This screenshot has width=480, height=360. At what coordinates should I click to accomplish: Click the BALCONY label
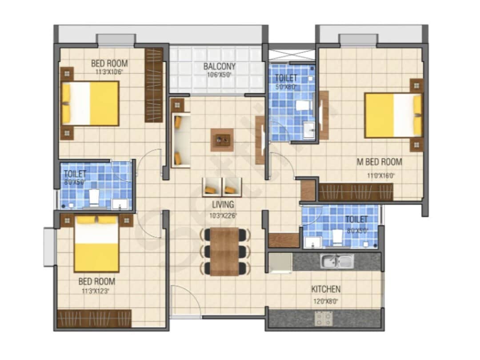pyautogui.click(x=220, y=67)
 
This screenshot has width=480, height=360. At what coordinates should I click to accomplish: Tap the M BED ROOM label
pyautogui.click(x=379, y=162)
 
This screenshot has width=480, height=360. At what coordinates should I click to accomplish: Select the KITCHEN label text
pyautogui.click(x=325, y=289)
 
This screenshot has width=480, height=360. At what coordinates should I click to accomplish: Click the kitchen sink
pyautogui.click(x=337, y=261)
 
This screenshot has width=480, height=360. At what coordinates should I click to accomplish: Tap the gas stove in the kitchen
pyautogui.click(x=324, y=318)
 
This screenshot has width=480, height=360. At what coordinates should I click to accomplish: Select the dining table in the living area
pyautogui.click(x=224, y=252)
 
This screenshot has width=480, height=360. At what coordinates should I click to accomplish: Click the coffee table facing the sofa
pyautogui.click(x=222, y=140)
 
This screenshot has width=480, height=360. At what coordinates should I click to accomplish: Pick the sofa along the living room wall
pyautogui.click(x=181, y=140)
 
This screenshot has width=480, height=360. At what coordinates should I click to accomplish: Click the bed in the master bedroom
pyautogui.click(x=393, y=115)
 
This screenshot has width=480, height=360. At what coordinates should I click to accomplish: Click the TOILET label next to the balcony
pyautogui.click(x=286, y=78)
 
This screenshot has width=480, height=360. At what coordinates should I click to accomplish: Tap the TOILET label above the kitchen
pyautogui.click(x=356, y=219)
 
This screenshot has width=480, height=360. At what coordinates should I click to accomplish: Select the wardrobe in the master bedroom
pyautogui.click(x=356, y=192)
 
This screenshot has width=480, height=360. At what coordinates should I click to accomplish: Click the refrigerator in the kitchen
pyautogui.click(x=280, y=263)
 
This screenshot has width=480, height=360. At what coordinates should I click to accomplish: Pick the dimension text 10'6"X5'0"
pyautogui.click(x=220, y=75)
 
